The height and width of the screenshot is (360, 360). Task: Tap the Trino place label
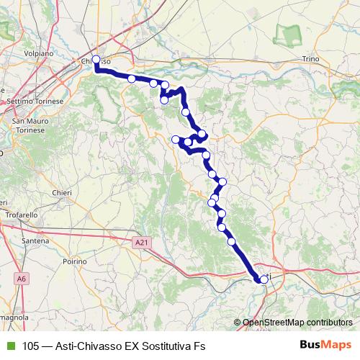coord(310,58)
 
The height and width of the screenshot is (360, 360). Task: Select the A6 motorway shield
coord(22,276)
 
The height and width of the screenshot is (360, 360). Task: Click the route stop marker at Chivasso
coord(96,60)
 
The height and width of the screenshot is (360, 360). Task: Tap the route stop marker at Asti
coord(264,279)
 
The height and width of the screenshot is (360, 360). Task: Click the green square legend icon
coord(9,346)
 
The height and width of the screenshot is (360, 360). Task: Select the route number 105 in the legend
coord(31,346)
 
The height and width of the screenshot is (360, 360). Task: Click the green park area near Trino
coord(290,33)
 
